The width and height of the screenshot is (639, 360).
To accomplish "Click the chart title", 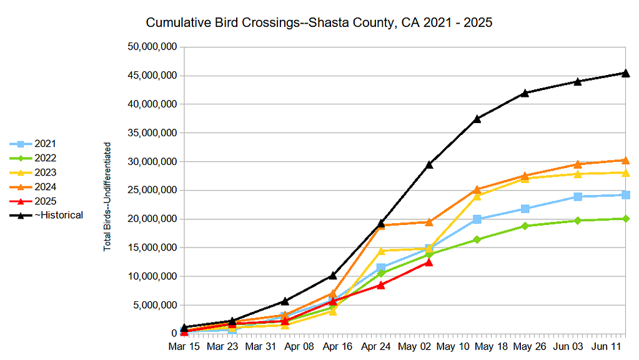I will [319, 23].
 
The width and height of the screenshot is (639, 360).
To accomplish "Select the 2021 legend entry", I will [46, 144].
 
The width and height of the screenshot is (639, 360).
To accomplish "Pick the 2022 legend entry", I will [46, 158].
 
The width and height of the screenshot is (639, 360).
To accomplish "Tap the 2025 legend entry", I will [46, 201].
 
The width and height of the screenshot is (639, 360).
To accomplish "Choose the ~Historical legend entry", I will [59, 215].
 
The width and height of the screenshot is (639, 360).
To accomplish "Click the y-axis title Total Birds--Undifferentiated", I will [107, 196].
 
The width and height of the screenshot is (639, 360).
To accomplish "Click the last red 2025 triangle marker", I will [429, 262].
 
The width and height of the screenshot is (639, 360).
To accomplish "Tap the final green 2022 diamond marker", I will [625, 219].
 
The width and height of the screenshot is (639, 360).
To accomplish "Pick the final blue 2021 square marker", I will [625, 195].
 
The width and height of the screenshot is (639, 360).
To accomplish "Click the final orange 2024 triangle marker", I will [625, 161].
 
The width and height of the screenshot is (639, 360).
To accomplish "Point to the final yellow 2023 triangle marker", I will [625, 172].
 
